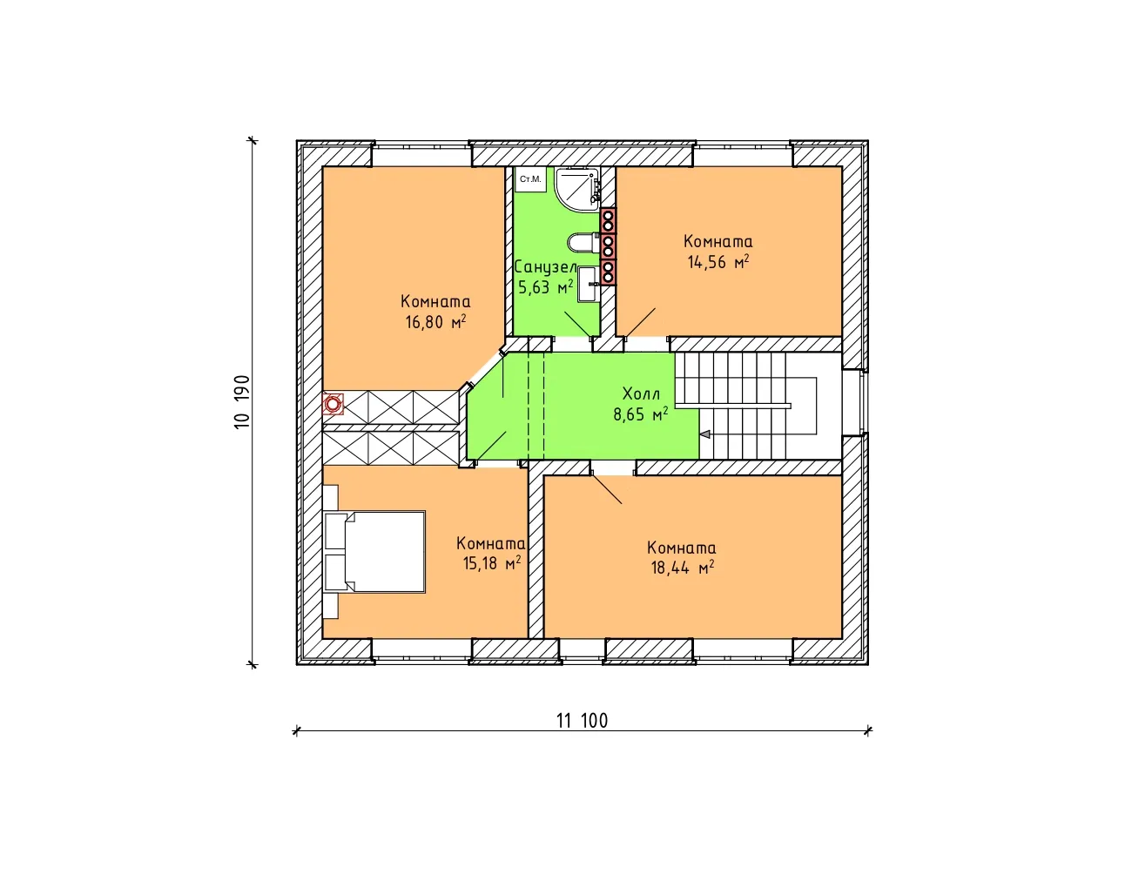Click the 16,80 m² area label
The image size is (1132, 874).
pyautogui.click(x=435, y=322)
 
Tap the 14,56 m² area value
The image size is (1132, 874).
pyautogui.click(x=718, y=262)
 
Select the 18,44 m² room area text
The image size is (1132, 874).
pyautogui.click(x=682, y=568)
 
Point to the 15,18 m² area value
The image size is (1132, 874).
pyautogui.click(x=492, y=562)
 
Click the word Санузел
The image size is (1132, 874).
pyautogui.click(x=545, y=267)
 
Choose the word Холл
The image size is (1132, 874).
pyautogui.click(x=641, y=393)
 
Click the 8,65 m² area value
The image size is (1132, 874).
pyautogui.click(x=640, y=414)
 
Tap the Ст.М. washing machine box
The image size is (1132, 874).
pyautogui.click(x=530, y=179)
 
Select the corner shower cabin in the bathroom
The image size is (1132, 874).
pyautogui.click(x=577, y=190)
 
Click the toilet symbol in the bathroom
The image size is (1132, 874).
pyautogui.click(x=583, y=243)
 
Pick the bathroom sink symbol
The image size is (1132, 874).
pyautogui.click(x=589, y=284)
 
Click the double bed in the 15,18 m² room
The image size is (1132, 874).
pyautogui.click(x=374, y=552)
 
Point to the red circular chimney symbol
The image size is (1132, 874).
pyautogui.click(x=333, y=404)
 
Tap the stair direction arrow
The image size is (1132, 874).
pyautogui.click(x=704, y=434)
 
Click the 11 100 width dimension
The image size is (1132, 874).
pyautogui.click(x=582, y=721)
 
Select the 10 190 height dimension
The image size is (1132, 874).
pyautogui.click(x=242, y=402)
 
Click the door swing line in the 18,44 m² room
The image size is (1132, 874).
pyautogui.click(x=607, y=489)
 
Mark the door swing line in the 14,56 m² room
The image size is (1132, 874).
pyautogui.click(x=640, y=323)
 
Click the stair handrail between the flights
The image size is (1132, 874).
pyautogui.click(x=733, y=406)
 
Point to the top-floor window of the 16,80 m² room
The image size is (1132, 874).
pyautogui.click(x=422, y=153)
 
